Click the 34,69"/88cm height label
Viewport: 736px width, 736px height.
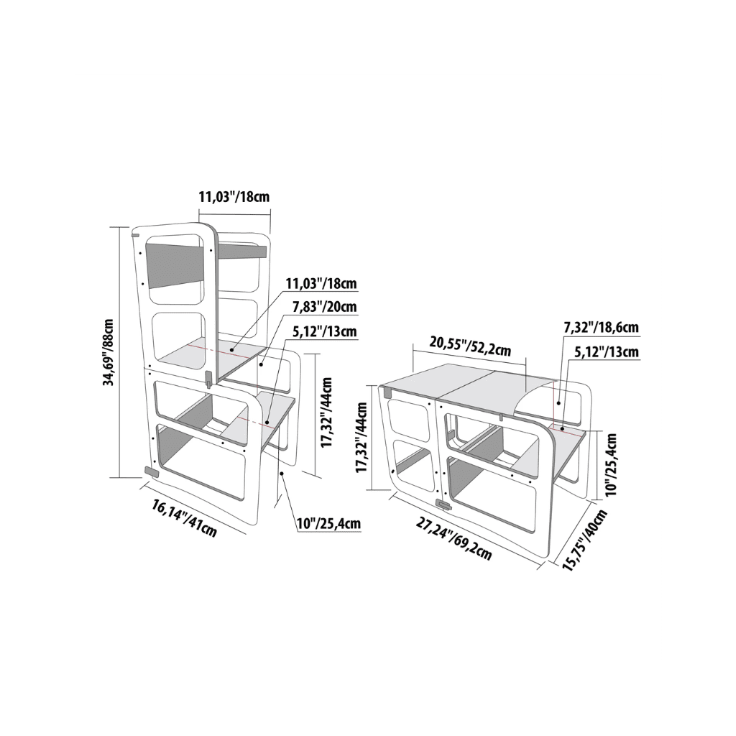[109, 351]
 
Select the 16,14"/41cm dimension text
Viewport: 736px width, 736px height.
[184, 517]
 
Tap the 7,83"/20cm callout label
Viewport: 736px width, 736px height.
[324, 308]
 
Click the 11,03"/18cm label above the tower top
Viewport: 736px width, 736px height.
[234, 195]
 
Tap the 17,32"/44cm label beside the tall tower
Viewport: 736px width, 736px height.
[328, 414]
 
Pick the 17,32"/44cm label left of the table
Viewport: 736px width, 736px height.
[362, 436]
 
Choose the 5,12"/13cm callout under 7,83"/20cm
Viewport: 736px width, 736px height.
[324, 331]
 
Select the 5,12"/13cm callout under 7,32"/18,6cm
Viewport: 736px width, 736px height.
[607, 351]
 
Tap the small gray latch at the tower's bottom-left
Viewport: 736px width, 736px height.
[152, 471]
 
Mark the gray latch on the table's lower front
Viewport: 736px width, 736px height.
[446, 505]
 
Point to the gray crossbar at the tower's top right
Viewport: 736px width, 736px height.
[243, 251]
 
